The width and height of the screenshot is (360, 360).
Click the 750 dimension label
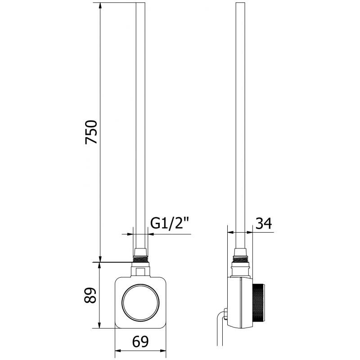pyautogui.click(x=91, y=132)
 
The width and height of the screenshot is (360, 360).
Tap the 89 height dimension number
pyautogui.click(x=91, y=296)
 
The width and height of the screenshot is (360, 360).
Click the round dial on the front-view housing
pyautogui.click(x=141, y=302)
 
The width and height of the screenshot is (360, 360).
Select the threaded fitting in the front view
pyautogui.click(x=141, y=260)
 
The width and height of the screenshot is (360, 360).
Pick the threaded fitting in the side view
pyautogui.click(x=241, y=260)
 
